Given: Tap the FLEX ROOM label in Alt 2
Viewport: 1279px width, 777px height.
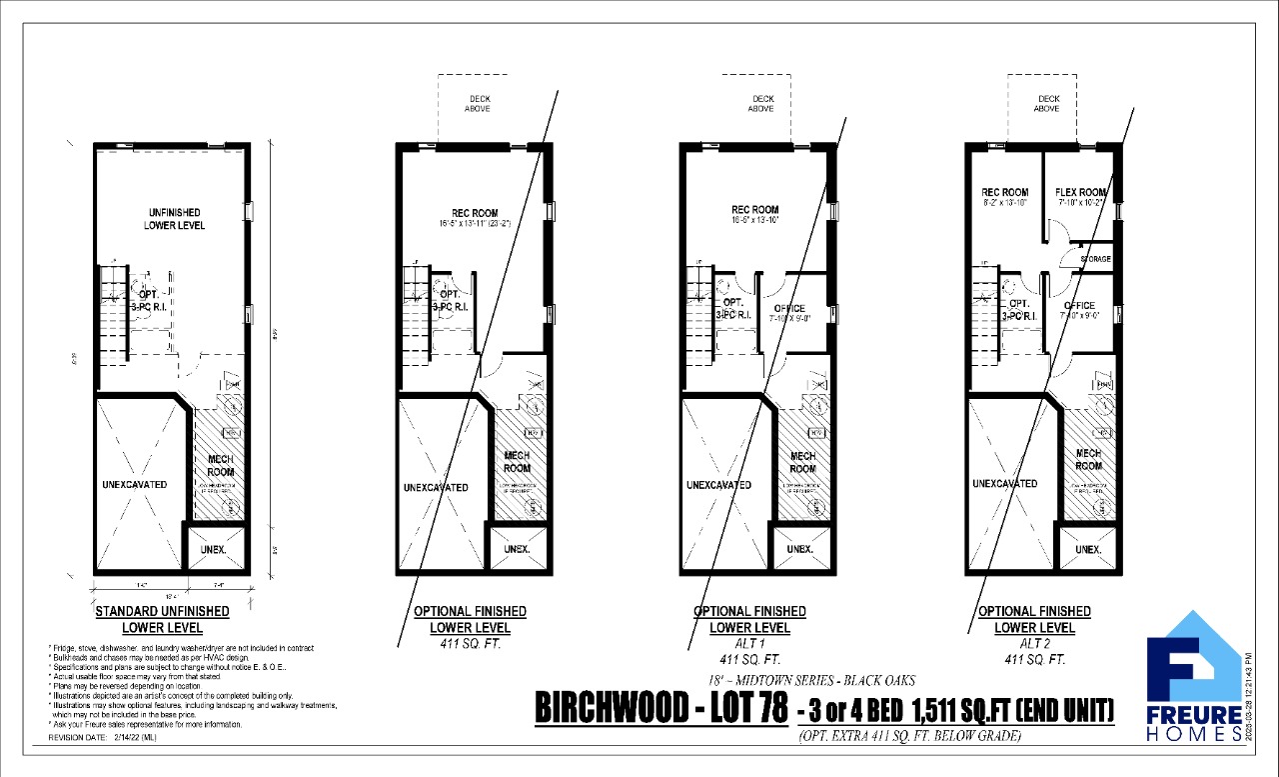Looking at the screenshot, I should (x=1080, y=193).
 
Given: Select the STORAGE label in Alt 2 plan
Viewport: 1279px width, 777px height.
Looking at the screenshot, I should (x=1095, y=259).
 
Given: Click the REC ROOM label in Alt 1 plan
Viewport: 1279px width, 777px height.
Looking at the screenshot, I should (x=754, y=210).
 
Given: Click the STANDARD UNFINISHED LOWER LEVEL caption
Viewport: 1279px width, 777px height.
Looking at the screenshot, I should (x=162, y=619).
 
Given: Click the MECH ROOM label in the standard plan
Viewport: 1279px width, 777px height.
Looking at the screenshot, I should (x=220, y=465).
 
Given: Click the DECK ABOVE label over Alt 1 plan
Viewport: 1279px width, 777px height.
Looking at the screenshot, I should (x=762, y=103).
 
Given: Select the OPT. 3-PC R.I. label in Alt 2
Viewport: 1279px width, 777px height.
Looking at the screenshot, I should (x=1019, y=309).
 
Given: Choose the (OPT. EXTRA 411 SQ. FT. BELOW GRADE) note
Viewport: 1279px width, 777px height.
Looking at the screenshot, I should (x=908, y=737).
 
